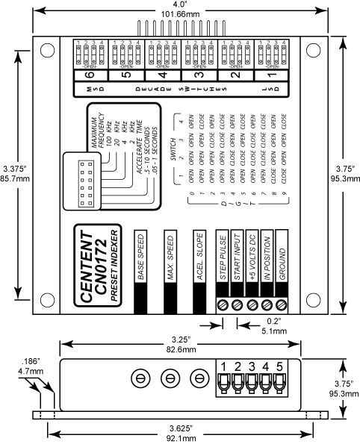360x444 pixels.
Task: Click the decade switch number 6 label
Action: pyautogui.click(x=89, y=75)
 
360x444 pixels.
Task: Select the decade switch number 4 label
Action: pyautogui.click(x=162, y=75)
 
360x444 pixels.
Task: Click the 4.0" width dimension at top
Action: pyautogui.click(x=180, y=9)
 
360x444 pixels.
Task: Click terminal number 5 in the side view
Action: pyautogui.click(x=280, y=366)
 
